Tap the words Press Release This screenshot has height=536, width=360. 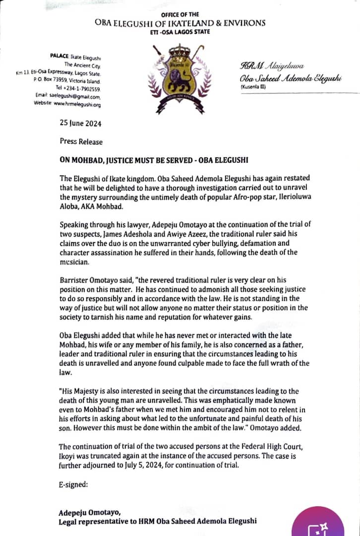[81, 141]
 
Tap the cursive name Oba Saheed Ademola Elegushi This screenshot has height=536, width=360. [291, 79]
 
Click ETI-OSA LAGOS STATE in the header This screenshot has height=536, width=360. [180, 32]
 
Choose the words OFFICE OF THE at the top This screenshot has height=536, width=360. [180, 15]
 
